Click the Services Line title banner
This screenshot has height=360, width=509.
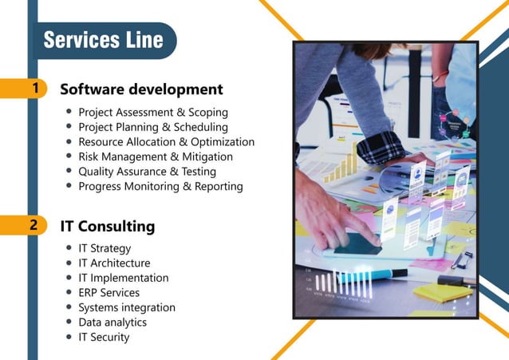[x=103, y=40]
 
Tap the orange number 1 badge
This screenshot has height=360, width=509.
[x=34, y=88]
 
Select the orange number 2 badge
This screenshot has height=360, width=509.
[x=34, y=225]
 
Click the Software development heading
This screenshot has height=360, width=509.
[x=141, y=89]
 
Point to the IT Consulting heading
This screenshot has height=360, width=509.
[x=108, y=227]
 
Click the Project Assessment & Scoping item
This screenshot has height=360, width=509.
[x=152, y=113]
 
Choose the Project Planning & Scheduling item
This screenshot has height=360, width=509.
[x=152, y=127]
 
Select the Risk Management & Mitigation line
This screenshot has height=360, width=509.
[x=155, y=156]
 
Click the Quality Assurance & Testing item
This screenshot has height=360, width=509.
[x=147, y=171]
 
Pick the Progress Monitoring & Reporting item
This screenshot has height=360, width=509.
[x=160, y=186]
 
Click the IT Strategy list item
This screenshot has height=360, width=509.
[x=105, y=248]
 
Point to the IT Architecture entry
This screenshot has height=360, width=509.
[x=114, y=263]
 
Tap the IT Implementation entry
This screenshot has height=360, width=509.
[x=124, y=278]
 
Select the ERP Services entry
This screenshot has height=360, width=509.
[x=109, y=293]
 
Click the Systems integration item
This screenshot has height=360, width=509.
[x=127, y=307]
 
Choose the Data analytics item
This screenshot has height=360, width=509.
[x=112, y=322]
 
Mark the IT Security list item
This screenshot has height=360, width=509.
[x=104, y=337]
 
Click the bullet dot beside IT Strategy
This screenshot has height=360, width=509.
[x=69, y=248]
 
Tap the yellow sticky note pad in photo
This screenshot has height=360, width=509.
[x=443, y=291]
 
